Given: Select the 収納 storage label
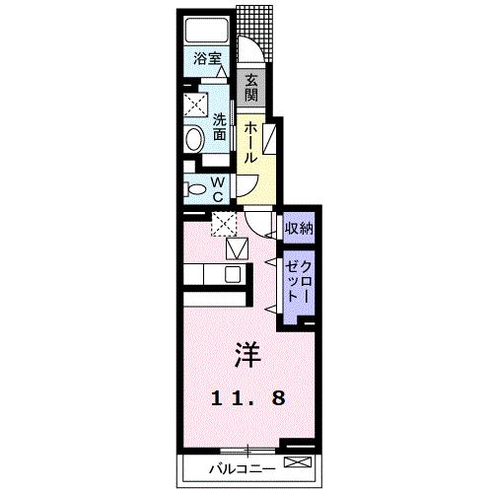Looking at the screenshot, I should (x=299, y=229).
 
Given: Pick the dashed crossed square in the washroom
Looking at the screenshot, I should (x=196, y=104).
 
